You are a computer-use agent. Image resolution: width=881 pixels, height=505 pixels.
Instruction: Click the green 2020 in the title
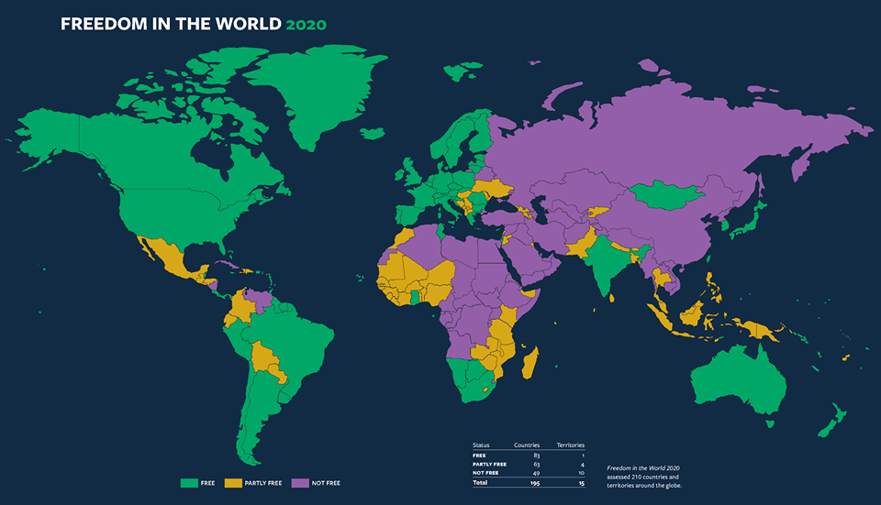click(305, 24)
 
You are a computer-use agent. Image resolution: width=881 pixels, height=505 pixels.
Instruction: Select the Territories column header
click(570, 445)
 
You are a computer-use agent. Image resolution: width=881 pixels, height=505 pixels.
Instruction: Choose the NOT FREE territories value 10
click(580, 473)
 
